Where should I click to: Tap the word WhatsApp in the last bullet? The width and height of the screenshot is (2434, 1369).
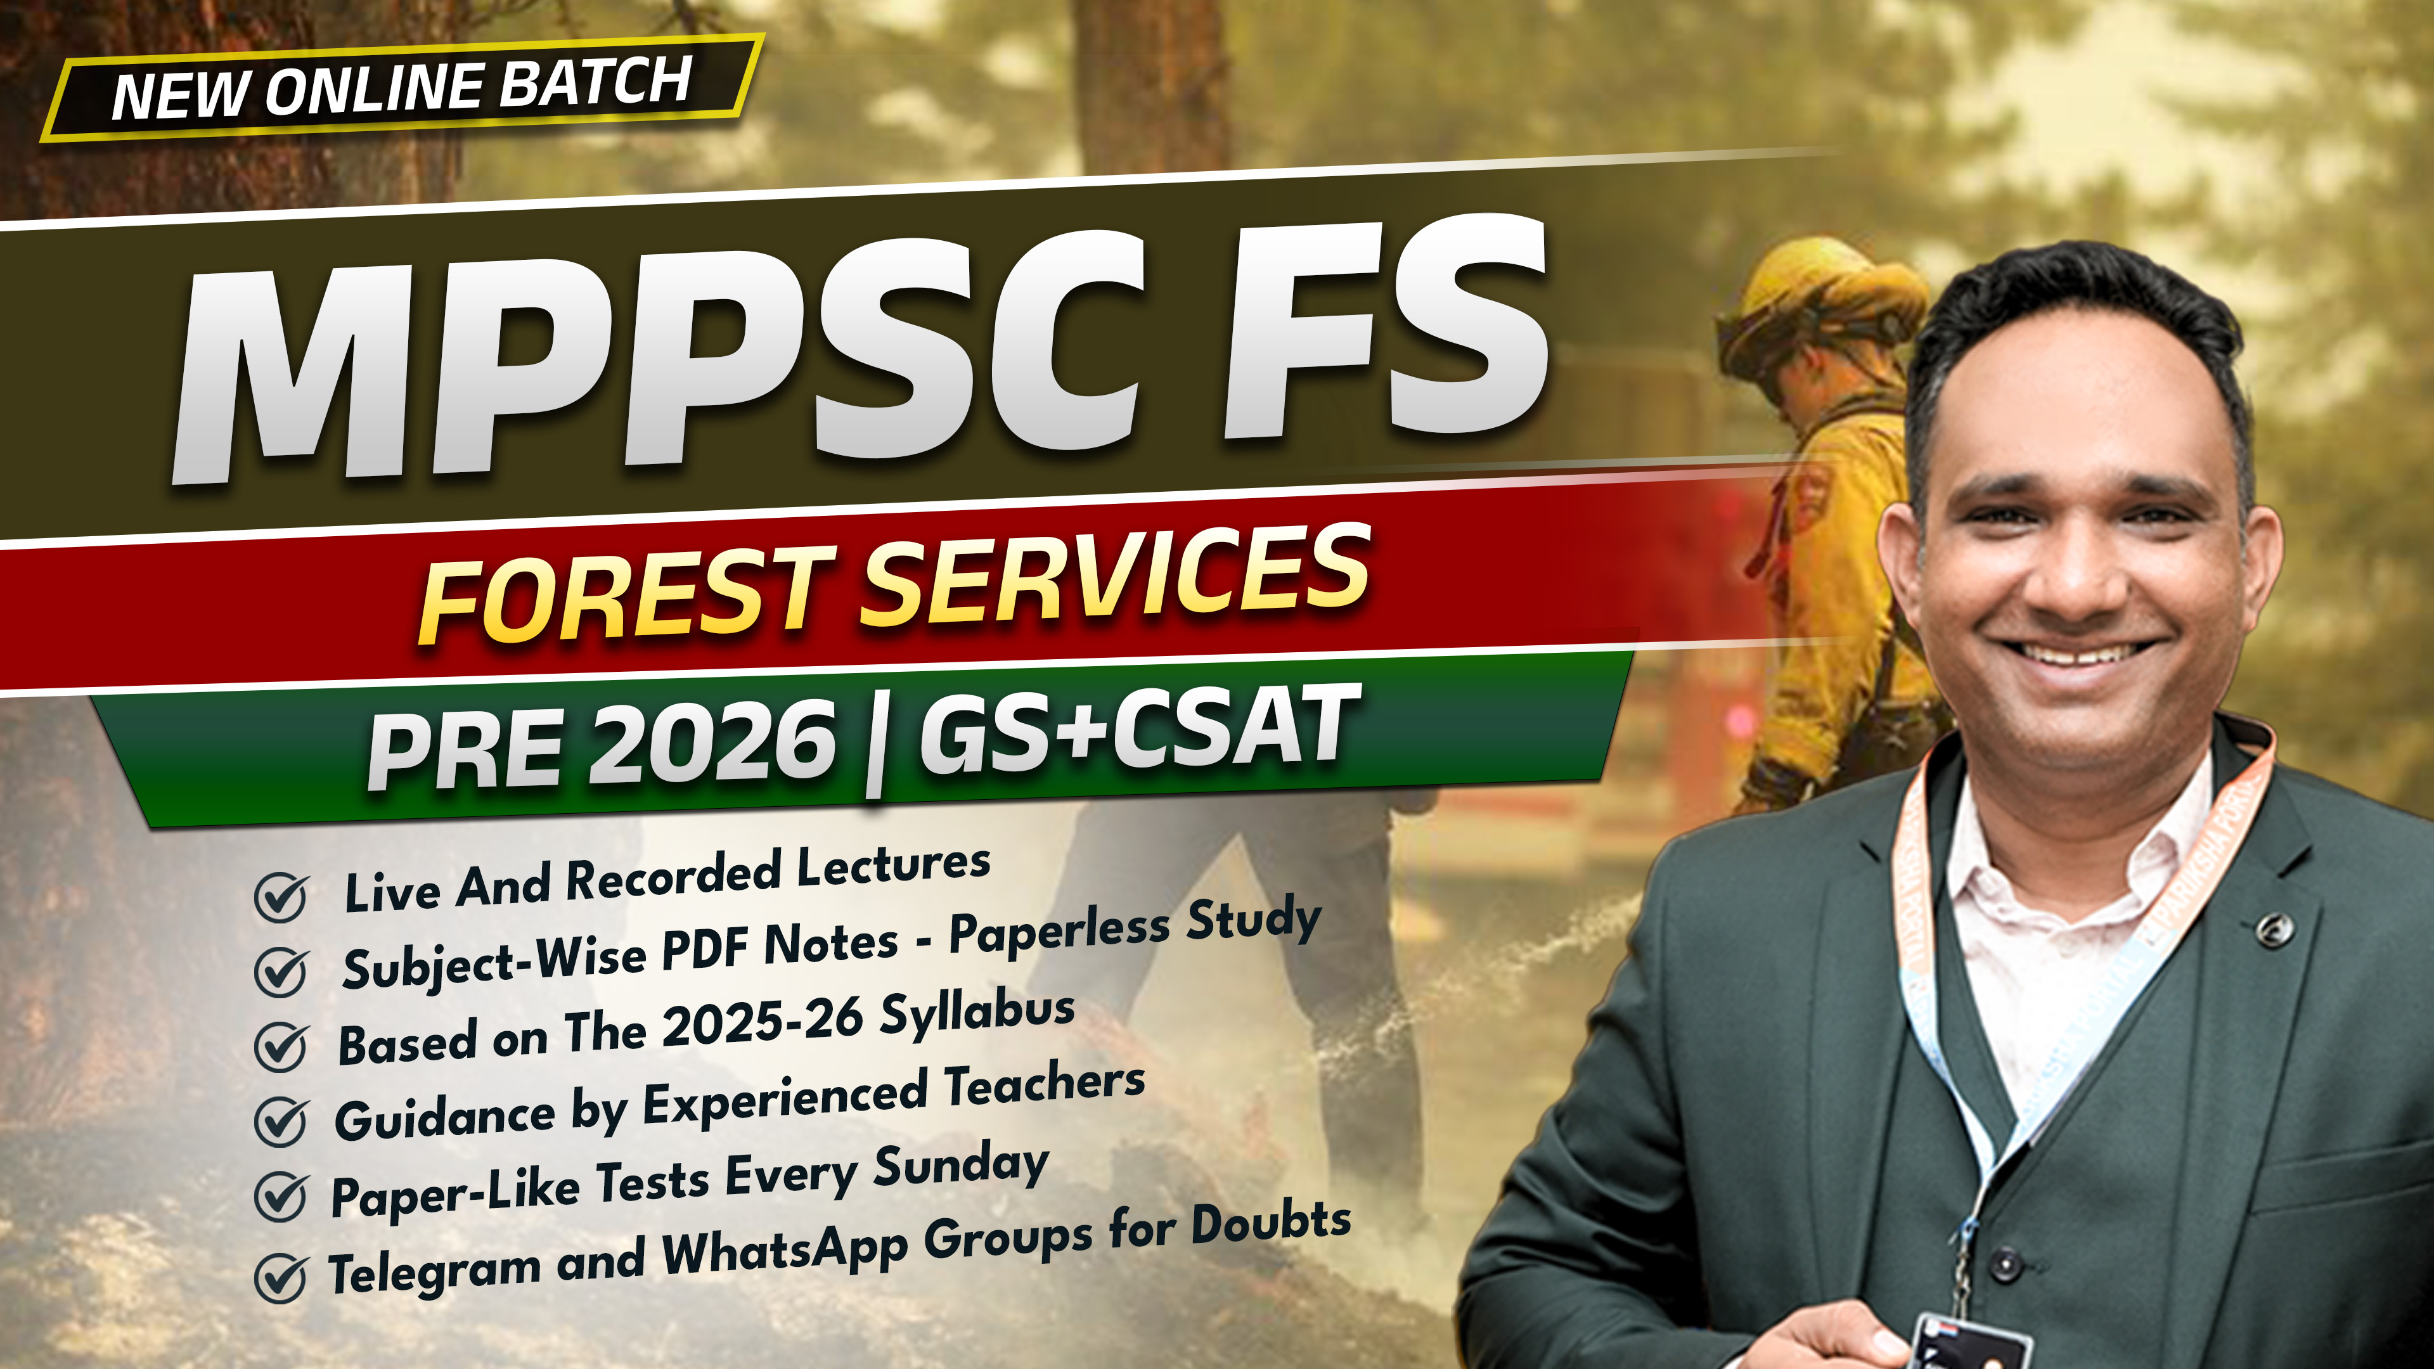(x=784, y=1252)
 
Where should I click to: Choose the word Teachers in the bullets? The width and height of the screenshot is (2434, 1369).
(x=1044, y=1086)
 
